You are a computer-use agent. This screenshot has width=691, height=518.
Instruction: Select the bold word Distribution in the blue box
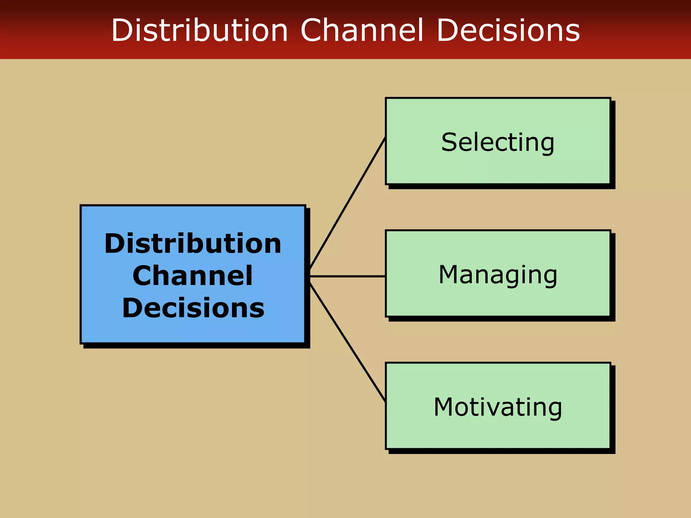tap(193, 243)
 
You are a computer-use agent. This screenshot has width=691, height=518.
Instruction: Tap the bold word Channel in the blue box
tap(192, 276)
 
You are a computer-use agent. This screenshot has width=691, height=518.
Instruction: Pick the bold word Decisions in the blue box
tap(193, 308)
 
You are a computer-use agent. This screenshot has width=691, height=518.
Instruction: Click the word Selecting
tap(498, 142)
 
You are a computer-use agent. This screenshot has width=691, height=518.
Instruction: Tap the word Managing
tap(498, 275)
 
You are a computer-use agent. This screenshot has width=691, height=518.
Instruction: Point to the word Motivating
tap(498, 407)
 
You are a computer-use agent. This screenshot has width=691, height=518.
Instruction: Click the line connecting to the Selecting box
tap(348, 203)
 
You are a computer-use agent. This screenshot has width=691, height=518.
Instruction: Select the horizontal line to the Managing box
tap(348, 276)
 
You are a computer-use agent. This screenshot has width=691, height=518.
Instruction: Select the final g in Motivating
tap(554, 409)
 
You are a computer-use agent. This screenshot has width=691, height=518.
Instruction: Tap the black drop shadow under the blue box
tap(196, 346)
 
